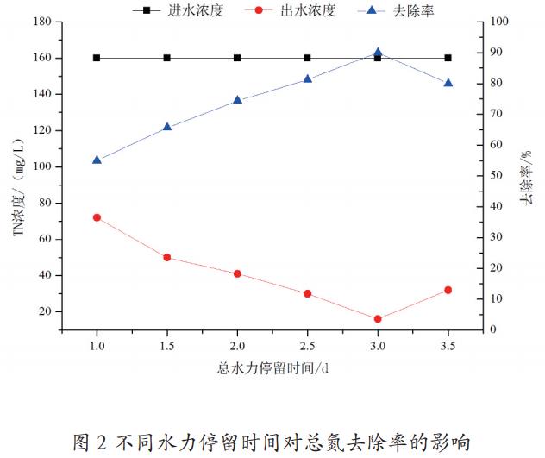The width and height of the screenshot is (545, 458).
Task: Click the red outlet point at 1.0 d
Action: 97,217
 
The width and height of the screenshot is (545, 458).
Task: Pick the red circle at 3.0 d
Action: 378,319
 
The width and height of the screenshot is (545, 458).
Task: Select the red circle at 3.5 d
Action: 448,290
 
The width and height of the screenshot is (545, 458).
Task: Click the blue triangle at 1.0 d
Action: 97,160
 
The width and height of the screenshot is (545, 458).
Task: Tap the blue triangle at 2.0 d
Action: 237,100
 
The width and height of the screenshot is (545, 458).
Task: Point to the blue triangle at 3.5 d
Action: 448,83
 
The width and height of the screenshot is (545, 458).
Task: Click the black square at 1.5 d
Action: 167,58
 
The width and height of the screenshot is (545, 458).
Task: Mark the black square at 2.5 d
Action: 308,58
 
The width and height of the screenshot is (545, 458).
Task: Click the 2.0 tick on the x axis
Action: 237,346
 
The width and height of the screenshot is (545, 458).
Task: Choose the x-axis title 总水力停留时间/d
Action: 272,368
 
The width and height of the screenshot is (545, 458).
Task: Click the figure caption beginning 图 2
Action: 272,442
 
